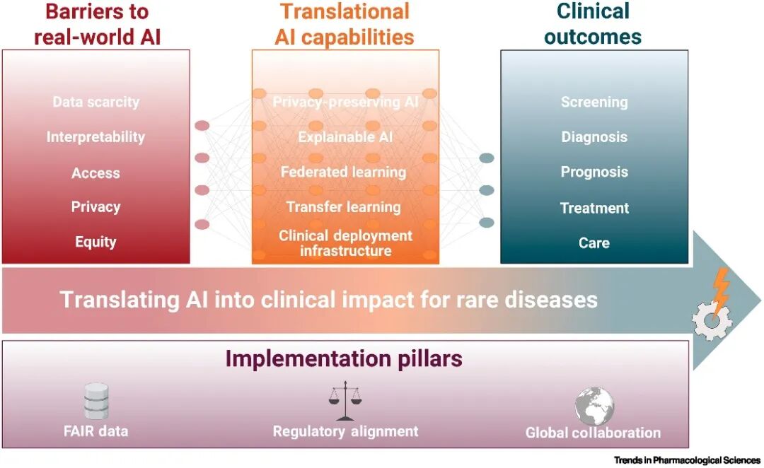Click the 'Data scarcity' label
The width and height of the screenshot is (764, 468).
[96, 102]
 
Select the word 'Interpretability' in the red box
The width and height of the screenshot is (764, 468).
[96, 137]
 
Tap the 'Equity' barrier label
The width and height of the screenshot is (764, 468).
[95, 242]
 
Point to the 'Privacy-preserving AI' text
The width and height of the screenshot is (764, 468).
[345, 103]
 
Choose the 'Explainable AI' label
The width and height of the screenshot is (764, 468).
[345, 137]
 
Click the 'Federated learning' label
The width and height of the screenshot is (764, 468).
[344, 172]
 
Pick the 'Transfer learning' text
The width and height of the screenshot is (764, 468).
[344, 207]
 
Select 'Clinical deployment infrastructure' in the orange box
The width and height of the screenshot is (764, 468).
[345, 243]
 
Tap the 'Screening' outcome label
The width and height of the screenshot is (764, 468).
[594, 103]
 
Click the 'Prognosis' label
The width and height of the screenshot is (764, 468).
[594, 172]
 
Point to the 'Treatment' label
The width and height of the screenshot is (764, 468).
[594, 209]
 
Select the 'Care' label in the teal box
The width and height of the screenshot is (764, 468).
[594, 243]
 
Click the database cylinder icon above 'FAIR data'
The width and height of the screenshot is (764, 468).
[96, 402]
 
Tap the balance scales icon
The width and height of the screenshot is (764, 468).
[345, 401]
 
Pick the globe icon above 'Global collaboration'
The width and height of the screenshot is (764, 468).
[594, 406]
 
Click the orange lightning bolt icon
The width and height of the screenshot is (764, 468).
[720, 292]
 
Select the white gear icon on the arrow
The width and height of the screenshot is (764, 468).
[712, 320]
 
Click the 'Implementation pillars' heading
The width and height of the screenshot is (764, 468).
[344, 359]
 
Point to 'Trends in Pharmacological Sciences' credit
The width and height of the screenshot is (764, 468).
[687, 460]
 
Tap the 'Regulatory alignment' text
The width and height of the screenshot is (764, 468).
[345, 431]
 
